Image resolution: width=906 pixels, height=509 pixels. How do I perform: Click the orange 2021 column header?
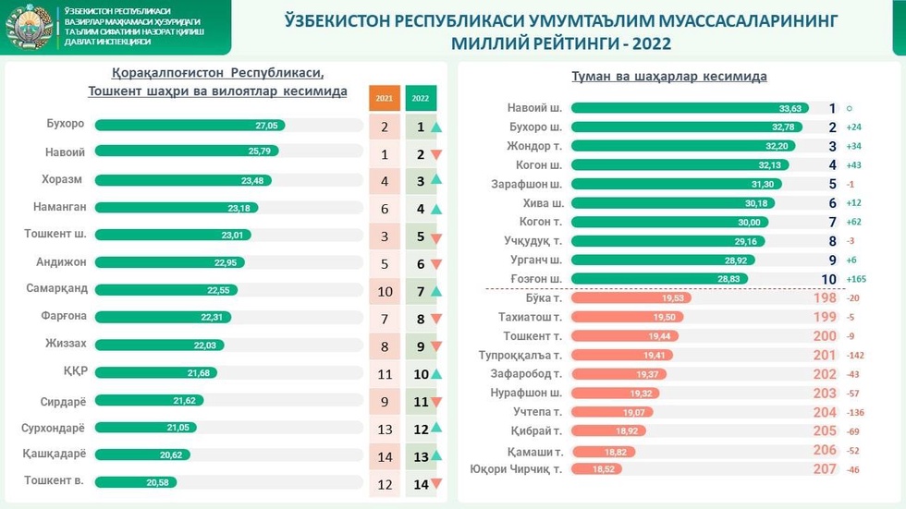(384, 97)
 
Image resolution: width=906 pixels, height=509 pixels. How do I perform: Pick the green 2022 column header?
(421, 97)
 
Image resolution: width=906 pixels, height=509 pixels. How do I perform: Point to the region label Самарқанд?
(57, 288)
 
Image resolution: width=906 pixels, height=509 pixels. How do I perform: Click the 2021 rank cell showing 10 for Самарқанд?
(384, 292)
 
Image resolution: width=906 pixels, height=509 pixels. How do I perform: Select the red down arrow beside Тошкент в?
(436, 483)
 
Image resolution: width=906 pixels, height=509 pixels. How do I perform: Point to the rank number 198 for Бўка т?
(824, 298)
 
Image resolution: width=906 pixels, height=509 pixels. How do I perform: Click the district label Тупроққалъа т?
(520, 355)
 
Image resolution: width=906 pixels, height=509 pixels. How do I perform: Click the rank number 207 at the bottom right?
(824, 469)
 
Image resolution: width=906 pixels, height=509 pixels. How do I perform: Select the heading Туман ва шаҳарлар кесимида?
(670, 77)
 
